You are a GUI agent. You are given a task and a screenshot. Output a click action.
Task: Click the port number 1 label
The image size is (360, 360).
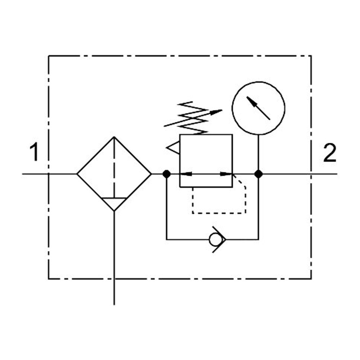point(34,152)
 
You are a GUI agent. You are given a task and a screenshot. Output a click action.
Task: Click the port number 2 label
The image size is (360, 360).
point(330,153)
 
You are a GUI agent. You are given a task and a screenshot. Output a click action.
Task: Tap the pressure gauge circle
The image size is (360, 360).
point(258,82)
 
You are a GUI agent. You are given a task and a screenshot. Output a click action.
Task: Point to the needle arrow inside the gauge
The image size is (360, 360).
point(258,108)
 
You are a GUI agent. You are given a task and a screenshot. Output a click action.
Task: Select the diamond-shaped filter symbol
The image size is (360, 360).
point(77,174)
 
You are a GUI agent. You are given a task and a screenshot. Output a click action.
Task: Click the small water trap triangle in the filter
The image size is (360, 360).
point(114,204)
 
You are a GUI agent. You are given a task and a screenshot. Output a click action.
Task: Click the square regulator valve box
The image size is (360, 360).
point(180,161)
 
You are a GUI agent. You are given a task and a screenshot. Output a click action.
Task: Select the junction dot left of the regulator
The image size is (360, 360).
point(166,174)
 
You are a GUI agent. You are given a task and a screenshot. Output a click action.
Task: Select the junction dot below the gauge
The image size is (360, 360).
point(258,174)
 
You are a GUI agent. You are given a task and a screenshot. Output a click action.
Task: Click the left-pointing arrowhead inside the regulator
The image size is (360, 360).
point(186,174)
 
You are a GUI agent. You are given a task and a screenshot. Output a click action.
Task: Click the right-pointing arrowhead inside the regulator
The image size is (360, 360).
point(226,174)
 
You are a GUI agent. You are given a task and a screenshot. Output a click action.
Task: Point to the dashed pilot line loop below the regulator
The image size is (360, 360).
point(219,213)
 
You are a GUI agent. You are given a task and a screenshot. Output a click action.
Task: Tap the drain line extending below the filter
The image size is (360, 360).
point(114,258)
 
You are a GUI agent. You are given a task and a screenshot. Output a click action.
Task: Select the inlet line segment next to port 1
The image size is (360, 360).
point(49,174)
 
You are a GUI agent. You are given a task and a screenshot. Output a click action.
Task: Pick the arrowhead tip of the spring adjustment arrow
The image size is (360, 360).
point(222,110)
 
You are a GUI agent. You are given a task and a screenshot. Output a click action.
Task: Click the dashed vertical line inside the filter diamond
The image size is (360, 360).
point(114,167)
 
